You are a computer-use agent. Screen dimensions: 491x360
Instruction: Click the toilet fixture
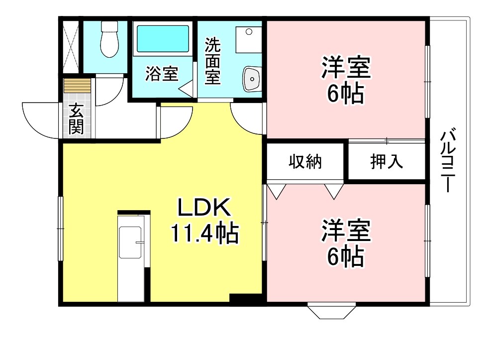109,39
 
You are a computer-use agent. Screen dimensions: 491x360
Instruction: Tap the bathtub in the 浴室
163,39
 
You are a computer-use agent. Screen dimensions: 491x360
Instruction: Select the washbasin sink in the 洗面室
252,79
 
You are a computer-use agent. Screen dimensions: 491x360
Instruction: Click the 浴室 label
161,74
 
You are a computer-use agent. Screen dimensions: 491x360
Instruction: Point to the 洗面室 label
212,61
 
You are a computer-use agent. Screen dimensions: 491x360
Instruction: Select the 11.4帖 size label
204,233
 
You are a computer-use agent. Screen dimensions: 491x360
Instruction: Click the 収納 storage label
305,162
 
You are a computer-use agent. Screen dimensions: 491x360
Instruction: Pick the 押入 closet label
387,162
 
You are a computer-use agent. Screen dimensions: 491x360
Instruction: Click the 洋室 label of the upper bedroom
346,67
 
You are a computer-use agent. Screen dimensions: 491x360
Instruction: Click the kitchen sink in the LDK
130,242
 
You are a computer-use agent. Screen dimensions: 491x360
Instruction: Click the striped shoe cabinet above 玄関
77,86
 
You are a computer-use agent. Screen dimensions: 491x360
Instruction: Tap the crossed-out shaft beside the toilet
71,47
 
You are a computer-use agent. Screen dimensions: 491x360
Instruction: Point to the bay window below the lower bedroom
332,310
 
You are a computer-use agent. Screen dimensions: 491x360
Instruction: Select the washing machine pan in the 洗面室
249,40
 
